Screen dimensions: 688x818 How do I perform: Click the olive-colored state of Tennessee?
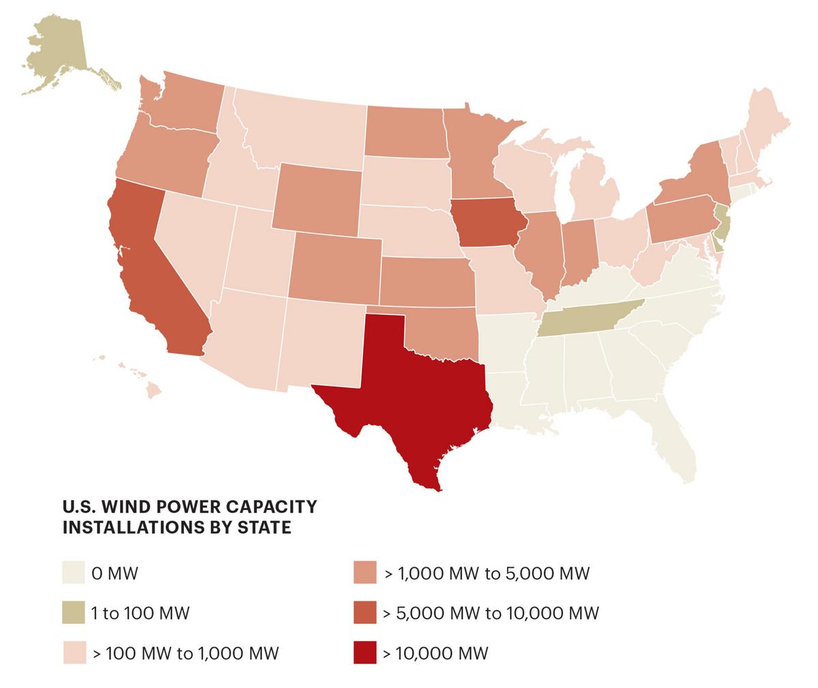586,318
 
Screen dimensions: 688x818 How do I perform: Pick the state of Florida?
675,436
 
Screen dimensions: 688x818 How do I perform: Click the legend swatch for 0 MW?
73,572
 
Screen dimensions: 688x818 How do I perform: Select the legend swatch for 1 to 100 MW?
73,612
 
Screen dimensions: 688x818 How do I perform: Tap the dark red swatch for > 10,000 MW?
365,653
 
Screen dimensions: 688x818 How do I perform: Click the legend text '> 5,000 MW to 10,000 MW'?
491,613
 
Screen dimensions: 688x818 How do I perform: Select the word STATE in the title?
267,528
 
